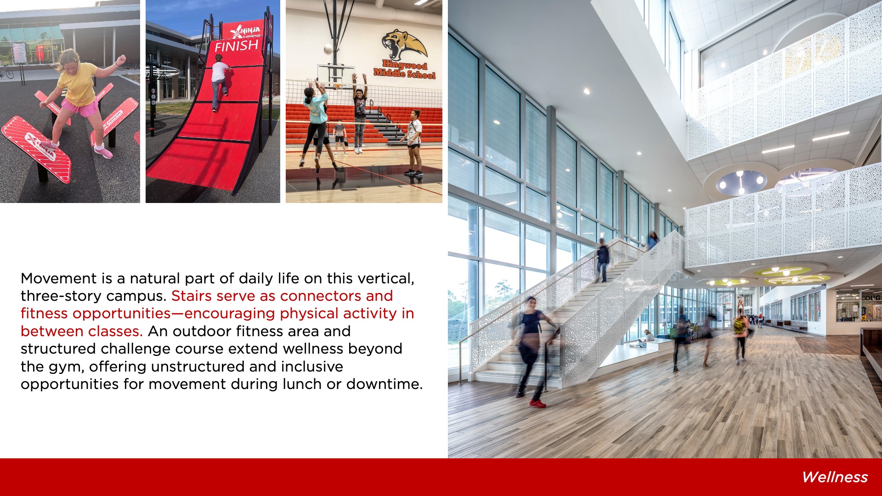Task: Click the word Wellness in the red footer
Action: pyautogui.click(x=835, y=477)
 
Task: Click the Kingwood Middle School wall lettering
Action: pyautogui.click(x=404, y=70)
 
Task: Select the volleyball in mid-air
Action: pyautogui.click(x=328, y=48)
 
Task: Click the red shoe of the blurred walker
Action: pyautogui.click(x=537, y=404)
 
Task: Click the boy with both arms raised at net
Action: pyautogui.click(x=360, y=113)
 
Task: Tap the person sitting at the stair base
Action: pyautogui.click(x=646, y=338)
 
